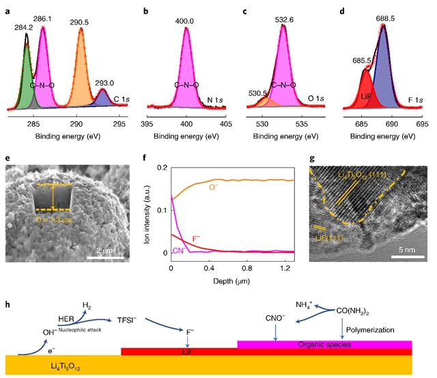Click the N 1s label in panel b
point(218,100)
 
